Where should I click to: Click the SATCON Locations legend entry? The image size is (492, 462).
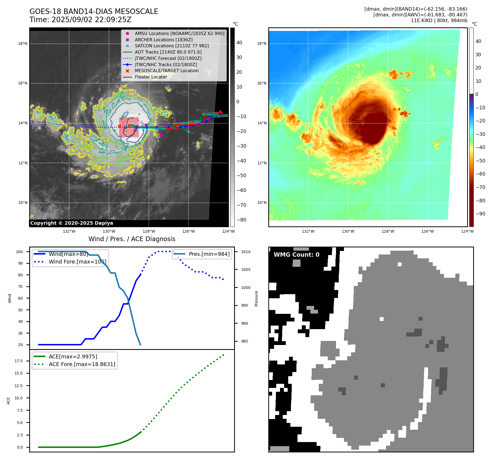pos(172,46)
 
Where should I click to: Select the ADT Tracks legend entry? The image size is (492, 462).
pos(168,52)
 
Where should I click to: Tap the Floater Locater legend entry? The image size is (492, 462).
pos(151,77)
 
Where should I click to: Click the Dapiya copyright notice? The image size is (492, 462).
pos(72,223)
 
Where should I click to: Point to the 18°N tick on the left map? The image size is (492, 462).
pos(23,43)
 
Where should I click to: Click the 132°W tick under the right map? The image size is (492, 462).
pos(308,231)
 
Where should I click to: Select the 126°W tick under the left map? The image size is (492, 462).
pos(188,231)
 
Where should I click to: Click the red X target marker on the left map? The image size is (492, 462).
pos(119,126)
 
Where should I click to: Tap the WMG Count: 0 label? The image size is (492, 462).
pos(296,255)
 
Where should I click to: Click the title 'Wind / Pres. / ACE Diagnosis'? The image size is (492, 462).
pos(132,239)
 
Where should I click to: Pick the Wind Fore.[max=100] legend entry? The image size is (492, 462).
pos(78,262)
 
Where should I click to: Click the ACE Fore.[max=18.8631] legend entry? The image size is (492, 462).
pos(82,364)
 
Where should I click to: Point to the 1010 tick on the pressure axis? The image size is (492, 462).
pos(246,252)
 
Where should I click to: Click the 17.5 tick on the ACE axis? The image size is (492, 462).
pos(19,361)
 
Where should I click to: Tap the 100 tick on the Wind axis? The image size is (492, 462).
pos(19,252)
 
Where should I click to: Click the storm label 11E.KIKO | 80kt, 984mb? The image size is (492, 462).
pos(439,21)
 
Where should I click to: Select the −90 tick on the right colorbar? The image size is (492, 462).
pos(480,214)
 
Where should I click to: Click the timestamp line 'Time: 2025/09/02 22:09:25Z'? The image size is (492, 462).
pos(81,20)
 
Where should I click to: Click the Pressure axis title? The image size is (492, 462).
pos(256,299)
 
